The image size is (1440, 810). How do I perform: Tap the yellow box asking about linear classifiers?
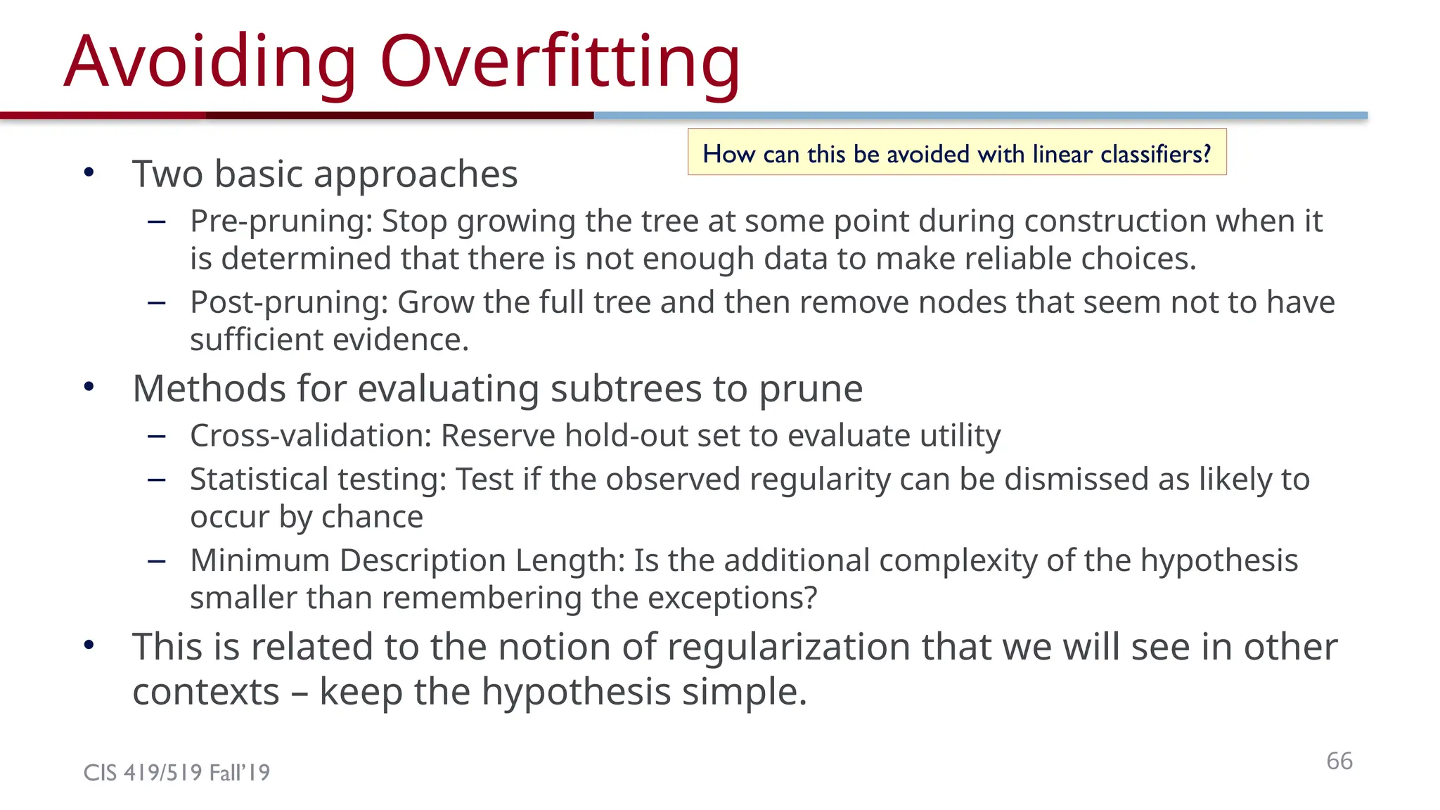point(956,152)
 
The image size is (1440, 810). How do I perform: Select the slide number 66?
point(1339,761)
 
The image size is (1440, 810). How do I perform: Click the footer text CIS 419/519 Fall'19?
point(176,773)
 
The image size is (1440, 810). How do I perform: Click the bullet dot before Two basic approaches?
point(89,172)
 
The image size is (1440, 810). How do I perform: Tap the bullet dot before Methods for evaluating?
point(89,387)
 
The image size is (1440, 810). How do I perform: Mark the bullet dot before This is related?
point(89,645)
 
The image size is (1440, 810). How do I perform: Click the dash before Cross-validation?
point(157,437)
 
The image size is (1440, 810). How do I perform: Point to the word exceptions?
point(731,599)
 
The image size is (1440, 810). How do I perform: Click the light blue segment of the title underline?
point(980,115)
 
